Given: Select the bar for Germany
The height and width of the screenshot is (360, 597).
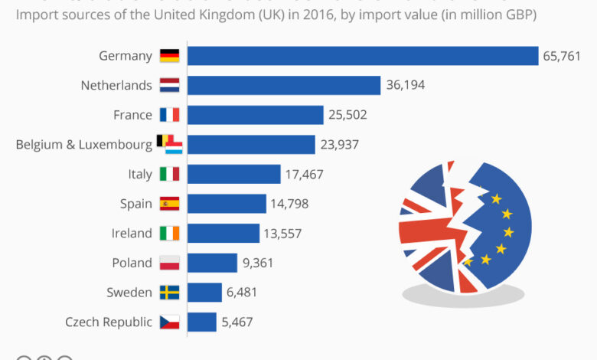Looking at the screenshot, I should pos(363,56).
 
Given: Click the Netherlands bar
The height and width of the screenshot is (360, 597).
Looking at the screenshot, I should pos(284,85).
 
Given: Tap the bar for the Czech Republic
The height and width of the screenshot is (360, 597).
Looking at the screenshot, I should pos(202,322).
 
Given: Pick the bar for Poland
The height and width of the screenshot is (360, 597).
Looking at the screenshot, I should pos(212,263).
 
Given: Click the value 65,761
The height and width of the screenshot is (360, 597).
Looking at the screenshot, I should pos(563,56).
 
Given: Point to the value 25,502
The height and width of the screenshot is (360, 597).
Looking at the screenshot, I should pos(348,115).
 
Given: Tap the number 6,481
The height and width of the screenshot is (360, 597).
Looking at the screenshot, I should pos(243,293).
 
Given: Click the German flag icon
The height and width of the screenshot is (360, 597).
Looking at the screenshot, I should pos(169,56).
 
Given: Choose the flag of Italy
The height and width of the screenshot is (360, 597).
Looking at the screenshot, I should pos(169,175).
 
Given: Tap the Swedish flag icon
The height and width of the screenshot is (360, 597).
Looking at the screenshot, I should pos(169,293).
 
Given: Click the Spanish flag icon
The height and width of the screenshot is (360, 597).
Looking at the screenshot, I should pos(169,204).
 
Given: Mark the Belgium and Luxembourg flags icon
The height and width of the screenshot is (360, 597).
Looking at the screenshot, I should pos(169,144).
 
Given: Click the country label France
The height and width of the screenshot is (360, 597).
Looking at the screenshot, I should pos(132,115).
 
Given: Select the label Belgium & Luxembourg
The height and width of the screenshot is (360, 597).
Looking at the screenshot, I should pos(84,145).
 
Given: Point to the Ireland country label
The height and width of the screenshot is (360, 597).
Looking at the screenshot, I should pos(132,234).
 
